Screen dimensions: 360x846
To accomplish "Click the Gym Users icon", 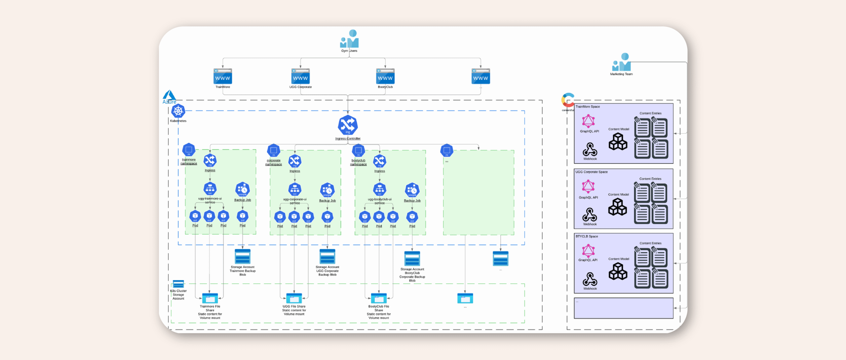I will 349,39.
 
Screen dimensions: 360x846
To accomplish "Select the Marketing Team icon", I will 622,62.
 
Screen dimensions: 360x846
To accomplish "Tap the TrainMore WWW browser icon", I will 223,77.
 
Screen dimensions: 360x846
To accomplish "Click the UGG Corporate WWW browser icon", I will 300,77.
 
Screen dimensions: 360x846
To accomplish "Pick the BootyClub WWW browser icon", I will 385,77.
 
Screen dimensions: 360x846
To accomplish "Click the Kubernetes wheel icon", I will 178,111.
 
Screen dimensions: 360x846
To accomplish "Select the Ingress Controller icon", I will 348,125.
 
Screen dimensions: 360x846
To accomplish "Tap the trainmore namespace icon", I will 189,150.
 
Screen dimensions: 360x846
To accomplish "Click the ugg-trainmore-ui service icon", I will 210,189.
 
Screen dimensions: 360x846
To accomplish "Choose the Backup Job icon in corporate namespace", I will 327,190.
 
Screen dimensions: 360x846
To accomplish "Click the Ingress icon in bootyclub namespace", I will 379,161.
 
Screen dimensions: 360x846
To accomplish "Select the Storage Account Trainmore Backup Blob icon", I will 243,257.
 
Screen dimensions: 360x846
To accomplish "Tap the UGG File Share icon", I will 294,298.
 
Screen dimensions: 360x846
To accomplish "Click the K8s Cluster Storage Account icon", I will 178,284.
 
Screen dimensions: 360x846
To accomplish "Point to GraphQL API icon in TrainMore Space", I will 589,121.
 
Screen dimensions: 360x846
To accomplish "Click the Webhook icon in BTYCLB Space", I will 590,279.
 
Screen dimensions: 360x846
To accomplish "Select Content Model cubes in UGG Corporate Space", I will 618,207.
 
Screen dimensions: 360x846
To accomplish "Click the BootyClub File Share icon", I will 379,298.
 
